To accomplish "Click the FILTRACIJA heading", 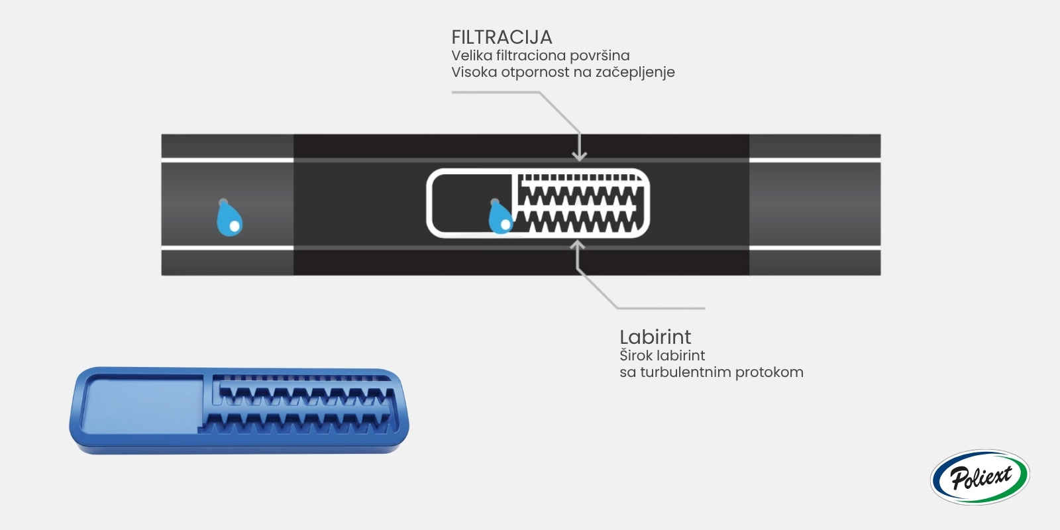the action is [x=502, y=37].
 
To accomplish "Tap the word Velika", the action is [x=472, y=56].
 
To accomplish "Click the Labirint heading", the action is [x=655, y=337].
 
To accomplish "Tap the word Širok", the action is [x=633, y=355].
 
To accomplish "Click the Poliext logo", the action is [x=980, y=477].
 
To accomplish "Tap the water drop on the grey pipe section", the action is [x=229, y=218].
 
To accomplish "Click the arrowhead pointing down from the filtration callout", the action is [x=579, y=156].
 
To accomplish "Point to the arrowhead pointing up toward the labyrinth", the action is [x=577, y=245].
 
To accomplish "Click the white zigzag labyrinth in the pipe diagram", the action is [x=579, y=203].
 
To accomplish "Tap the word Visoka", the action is [x=474, y=72].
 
